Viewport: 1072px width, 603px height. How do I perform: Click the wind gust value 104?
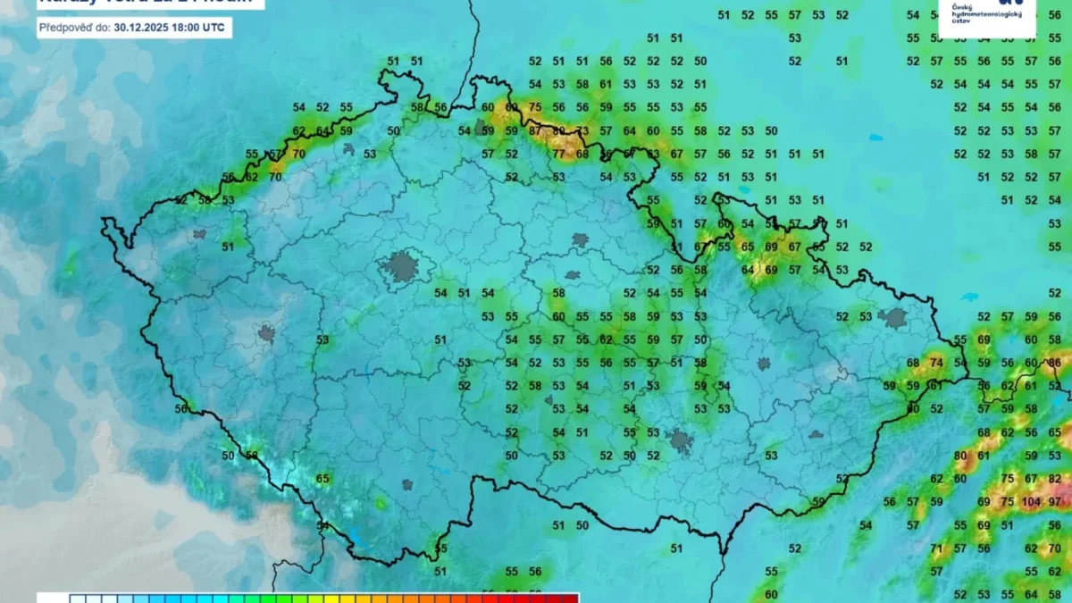click(x=1031, y=502)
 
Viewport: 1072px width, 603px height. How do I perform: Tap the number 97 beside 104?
click(x=1056, y=502)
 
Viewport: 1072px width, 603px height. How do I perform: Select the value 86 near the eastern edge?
click(x=1055, y=363)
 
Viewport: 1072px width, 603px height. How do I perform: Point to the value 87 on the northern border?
click(x=535, y=130)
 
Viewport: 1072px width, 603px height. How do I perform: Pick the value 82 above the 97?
click(x=1055, y=479)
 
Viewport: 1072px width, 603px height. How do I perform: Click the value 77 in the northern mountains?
click(x=558, y=154)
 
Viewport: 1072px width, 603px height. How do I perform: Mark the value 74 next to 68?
click(x=936, y=363)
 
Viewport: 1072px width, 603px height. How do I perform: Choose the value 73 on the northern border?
click(x=582, y=130)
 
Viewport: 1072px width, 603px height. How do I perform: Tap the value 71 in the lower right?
click(x=936, y=549)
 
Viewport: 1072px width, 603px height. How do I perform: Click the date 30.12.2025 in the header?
click(x=144, y=27)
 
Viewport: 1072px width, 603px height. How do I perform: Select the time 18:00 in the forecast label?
click(x=188, y=27)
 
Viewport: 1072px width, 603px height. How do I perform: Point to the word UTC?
click(x=214, y=27)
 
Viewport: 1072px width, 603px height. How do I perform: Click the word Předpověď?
click(x=74, y=27)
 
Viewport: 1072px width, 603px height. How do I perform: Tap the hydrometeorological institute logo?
click(x=992, y=16)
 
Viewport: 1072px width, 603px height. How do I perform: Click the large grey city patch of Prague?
click(x=402, y=266)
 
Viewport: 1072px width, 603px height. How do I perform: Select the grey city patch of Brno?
click(x=682, y=440)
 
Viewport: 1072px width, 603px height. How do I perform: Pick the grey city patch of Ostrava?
click(x=893, y=317)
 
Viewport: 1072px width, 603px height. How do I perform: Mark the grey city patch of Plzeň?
click(x=266, y=334)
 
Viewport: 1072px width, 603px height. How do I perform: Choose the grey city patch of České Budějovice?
click(x=407, y=485)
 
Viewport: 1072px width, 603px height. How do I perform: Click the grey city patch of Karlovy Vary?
click(x=198, y=234)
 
